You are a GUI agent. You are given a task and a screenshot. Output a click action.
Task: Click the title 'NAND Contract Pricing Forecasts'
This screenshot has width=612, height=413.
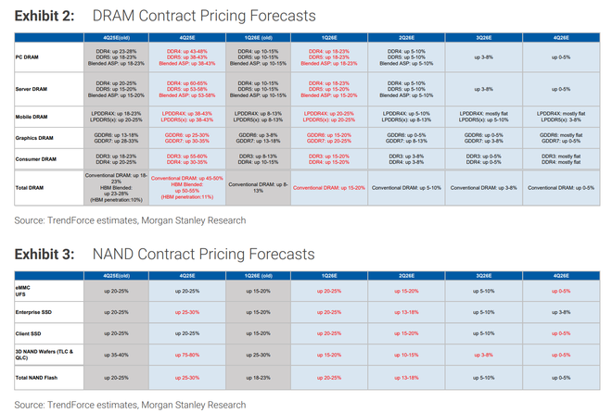coord(203,254)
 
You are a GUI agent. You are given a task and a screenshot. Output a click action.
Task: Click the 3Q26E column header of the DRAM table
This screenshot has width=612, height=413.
coord(484,37)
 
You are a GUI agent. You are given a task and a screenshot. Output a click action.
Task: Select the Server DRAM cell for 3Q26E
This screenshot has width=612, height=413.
coord(484,89)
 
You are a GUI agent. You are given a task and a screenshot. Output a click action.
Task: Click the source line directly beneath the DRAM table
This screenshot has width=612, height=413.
coord(130,220)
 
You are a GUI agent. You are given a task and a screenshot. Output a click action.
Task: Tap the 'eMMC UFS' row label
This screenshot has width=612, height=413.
coord(26,293)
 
